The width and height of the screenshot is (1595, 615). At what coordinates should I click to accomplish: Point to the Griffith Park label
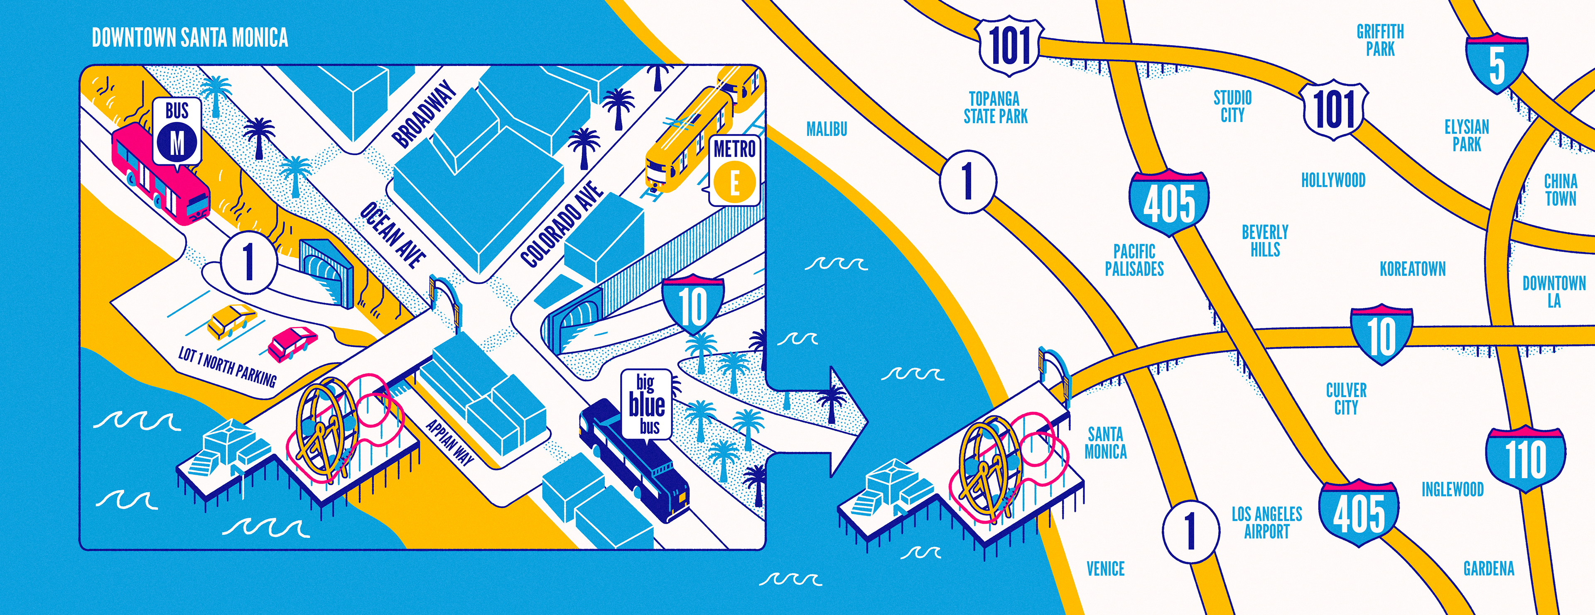pos(1380,40)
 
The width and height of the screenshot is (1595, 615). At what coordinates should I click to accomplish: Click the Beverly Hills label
pos(1265,241)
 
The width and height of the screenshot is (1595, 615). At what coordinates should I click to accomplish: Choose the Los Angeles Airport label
pos(1266,522)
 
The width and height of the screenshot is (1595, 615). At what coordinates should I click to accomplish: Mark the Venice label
pos(1105,569)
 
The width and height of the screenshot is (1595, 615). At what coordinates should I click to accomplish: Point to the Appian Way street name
pos(450,442)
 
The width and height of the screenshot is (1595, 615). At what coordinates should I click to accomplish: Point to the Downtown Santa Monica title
pos(189,38)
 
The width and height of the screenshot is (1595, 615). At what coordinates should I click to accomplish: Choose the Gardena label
pos(1489,569)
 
